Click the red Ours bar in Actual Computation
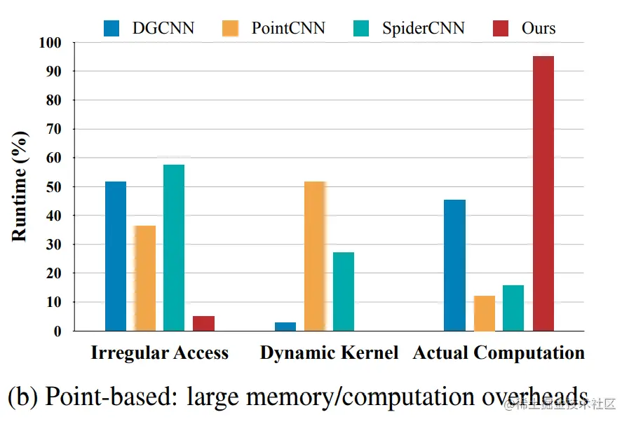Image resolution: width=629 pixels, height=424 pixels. click(543, 193)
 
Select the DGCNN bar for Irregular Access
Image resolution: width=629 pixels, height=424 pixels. click(116, 256)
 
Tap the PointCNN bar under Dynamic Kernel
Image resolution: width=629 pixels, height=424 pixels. click(315, 256)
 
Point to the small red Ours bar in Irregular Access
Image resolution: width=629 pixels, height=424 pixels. click(203, 323)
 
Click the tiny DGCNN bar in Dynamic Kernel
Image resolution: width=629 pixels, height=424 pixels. click(285, 327)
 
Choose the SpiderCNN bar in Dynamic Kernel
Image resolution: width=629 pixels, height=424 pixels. click(344, 291)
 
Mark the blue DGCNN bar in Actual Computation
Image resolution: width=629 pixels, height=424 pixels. click(454, 265)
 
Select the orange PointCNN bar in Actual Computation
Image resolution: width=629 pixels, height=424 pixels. click(485, 313)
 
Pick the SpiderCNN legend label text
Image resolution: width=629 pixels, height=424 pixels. click(423, 29)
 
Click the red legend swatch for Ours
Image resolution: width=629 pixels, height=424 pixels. click(502, 29)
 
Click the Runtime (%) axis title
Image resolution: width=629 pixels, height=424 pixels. click(20, 186)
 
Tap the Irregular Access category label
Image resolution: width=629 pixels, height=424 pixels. click(160, 353)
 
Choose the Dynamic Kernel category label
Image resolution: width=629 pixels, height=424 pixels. click(329, 353)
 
